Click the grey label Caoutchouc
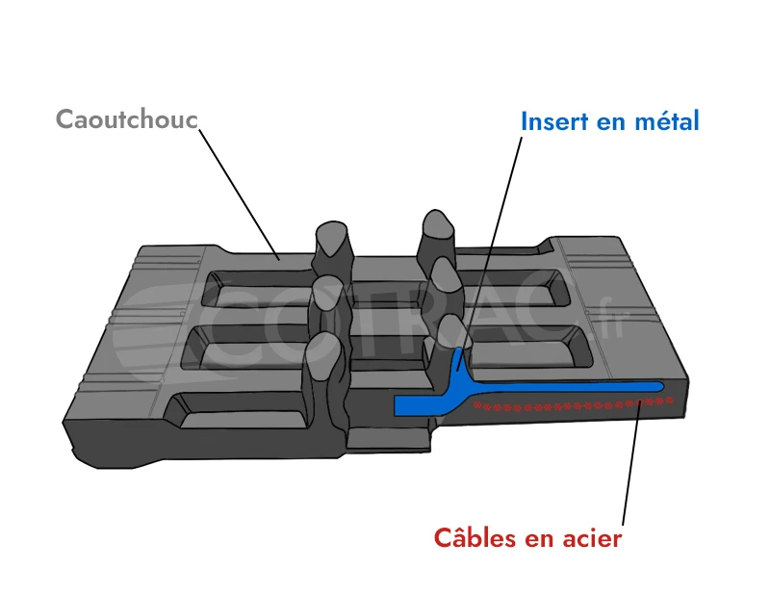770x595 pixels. pyautogui.click(x=126, y=118)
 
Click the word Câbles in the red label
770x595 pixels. pyautogui.click(x=475, y=537)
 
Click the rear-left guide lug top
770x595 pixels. pyautogui.click(x=330, y=236)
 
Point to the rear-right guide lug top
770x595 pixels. pyautogui.click(x=438, y=224)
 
